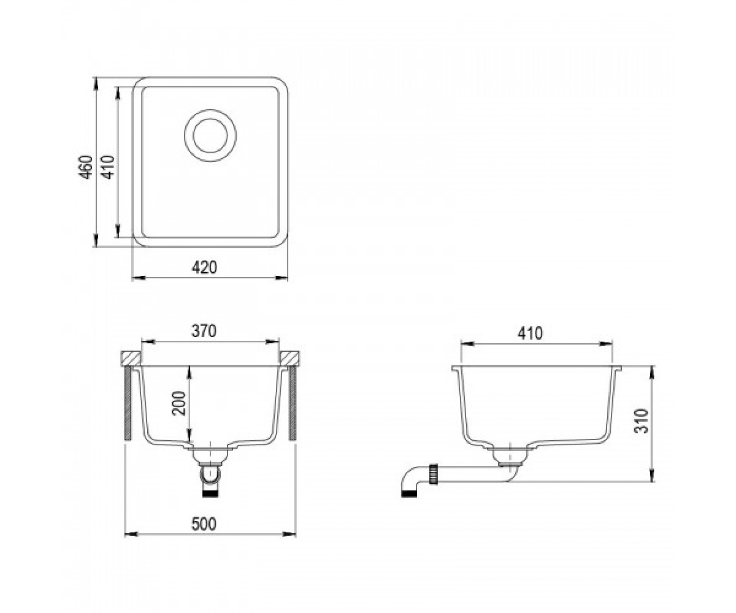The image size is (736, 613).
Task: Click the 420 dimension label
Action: [x=204, y=267]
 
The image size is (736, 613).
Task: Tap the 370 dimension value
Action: [x=204, y=331]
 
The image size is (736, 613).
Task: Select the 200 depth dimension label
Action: [x=178, y=403]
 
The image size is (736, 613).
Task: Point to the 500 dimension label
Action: [x=204, y=524]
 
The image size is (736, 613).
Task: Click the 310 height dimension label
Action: [x=641, y=421]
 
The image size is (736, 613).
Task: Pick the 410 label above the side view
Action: [x=530, y=333]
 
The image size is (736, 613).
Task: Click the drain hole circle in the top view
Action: [x=210, y=136]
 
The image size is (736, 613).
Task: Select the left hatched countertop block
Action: [x=131, y=358]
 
